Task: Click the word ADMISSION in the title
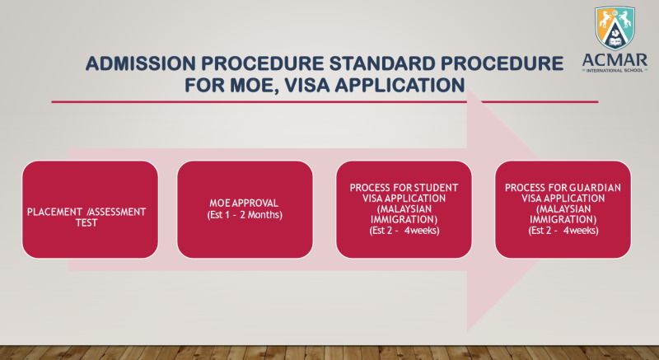coord(141,63)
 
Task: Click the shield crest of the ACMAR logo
coord(615,28)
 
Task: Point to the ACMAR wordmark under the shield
coord(615,59)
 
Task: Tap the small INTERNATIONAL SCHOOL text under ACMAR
coord(615,70)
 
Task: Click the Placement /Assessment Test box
coord(91,209)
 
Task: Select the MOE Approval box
coord(245,209)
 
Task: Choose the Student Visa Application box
coord(404,209)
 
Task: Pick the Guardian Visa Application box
coord(563,209)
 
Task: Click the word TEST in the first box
coord(86,222)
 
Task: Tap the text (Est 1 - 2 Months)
coord(245,215)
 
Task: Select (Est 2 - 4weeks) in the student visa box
coord(404,230)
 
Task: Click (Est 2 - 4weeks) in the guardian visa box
coord(563,230)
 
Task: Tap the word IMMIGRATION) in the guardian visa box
coord(563,219)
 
